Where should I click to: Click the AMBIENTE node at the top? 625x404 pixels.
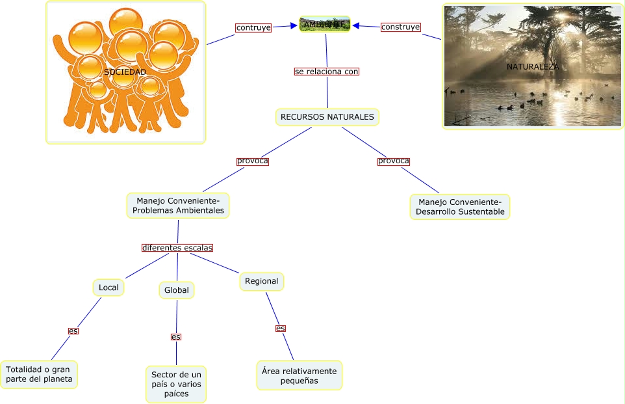coord(325,24)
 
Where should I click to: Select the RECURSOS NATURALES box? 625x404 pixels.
coord(327,117)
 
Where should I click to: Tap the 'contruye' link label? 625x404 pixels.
coord(253,27)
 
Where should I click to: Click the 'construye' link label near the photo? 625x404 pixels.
coord(400,27)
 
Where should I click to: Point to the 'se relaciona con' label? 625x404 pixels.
coord(326,72)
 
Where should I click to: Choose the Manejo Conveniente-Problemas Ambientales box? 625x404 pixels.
coord(177,205)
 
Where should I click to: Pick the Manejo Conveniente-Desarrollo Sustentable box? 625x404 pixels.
coord(460,206)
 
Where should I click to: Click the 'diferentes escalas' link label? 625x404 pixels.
coord(177,248)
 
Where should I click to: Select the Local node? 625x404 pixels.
coord(108,287)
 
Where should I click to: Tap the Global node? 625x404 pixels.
coord(177,290)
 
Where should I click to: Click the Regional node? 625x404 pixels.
coord(262,281)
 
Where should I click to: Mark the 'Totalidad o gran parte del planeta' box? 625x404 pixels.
coord(39,374)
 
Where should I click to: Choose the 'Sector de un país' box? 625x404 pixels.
coord(176,384)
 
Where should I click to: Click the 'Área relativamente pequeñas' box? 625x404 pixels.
coord(300,375)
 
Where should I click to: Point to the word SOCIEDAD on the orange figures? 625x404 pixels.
coord(125,72)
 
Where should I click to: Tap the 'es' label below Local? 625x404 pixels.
coord(73,330)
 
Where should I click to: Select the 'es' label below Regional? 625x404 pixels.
coord(281,328)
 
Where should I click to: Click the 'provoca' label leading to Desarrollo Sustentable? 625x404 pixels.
coord(394,161)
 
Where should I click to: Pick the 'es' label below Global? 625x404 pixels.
coord(176,336)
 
